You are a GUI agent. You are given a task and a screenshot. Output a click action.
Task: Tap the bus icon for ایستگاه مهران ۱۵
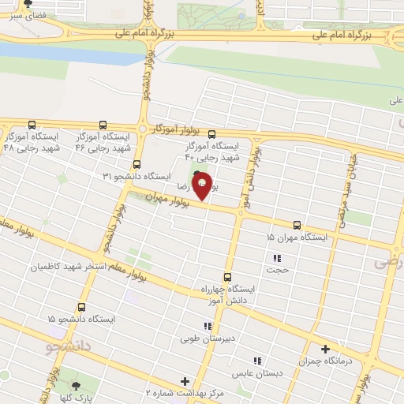coord(297,225)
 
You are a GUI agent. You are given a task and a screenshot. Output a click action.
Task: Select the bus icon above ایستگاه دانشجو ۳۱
coord(137,165)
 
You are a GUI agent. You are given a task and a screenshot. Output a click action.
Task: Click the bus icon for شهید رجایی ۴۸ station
coord(32,125)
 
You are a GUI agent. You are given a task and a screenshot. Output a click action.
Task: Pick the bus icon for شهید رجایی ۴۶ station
coord(103,125)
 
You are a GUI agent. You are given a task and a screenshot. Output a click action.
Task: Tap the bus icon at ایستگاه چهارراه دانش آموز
coord(228,277)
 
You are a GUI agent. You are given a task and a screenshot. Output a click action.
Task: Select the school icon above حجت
coord(277,258)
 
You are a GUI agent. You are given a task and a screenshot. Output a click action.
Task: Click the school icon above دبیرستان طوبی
coord(207,327)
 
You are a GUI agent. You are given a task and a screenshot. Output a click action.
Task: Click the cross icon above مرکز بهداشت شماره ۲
coord(185,381)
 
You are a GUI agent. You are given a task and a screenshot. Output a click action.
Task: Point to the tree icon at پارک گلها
coord(76,385)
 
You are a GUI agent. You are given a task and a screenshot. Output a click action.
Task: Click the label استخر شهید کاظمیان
coord(71,267)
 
